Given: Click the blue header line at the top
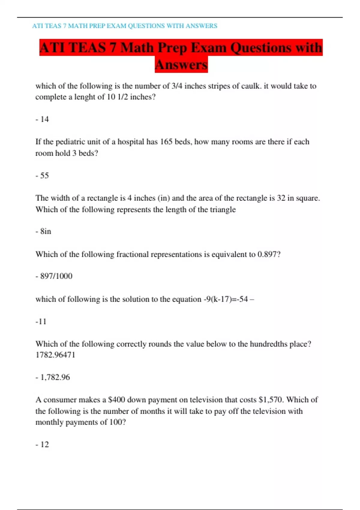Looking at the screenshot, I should click(124, 26).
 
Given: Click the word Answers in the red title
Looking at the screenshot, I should click(181, 65).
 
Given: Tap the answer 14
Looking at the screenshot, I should click(44, 119).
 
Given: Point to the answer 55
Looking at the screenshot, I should click(44, 175).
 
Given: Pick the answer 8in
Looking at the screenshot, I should click(46, 231).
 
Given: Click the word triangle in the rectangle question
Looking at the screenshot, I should click(223, 209).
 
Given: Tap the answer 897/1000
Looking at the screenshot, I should click(56, 276).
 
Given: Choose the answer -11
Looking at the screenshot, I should click(41, 322).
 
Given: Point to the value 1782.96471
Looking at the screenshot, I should click(55, 355).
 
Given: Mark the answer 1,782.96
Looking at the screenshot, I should click(55, 377).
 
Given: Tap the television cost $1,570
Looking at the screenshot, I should click(271, 400).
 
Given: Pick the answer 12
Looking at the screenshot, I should click(44, 445).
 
